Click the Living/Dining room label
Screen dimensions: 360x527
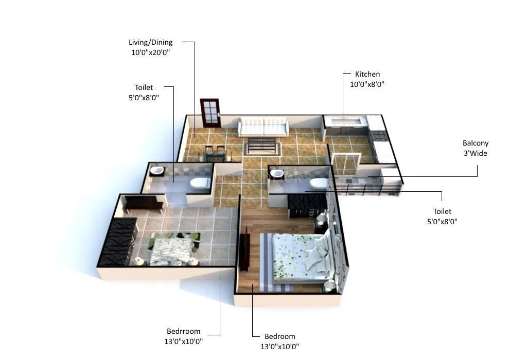click(x=150, y=42)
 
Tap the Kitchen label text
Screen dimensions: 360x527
click(x=367, y=74)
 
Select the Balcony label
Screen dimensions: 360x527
click(x=475, y=143)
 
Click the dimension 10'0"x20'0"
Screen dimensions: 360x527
click(x=150, y=52)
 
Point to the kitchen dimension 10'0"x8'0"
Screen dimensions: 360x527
click(x=367, y=84)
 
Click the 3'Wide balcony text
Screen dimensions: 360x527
click(x=475, y=153)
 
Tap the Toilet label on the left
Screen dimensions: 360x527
click(x=144, y=87)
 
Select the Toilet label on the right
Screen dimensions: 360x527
click(x=442, y=211)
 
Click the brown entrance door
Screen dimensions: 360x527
click(x=210, y=113)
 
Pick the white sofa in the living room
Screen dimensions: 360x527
click(x=262, y=127)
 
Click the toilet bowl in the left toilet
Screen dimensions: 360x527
click(x=200, y=183)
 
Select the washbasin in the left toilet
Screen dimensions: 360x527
click(x=156, y=170)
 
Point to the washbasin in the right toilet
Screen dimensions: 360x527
click(x=277, y=173)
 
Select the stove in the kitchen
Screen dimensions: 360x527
click(x=378, y=136)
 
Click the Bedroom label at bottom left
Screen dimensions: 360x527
click(x=184, y=331)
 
